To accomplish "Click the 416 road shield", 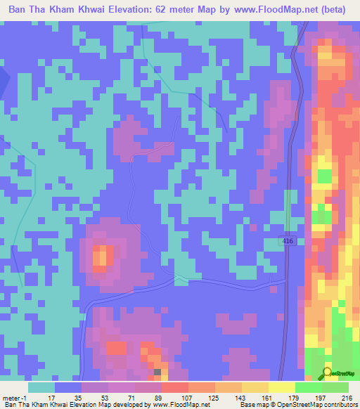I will [290, 241].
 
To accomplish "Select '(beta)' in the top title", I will [336, 10].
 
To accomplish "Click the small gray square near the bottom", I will [157, 372].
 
